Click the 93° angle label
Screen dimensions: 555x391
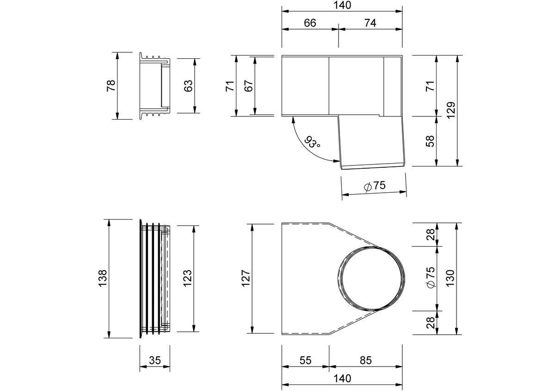pos(312,142)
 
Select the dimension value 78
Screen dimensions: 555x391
pos(111,86)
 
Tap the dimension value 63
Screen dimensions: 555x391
pos(188,86)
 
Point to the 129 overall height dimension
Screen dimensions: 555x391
pos(451,110)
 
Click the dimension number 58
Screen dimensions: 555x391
pos(431,141)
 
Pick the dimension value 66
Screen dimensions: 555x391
pos(310,23)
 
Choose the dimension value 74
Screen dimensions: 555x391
pos(370,23)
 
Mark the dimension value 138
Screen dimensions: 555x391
pos(103,278)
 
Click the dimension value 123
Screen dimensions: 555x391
pos(187,278)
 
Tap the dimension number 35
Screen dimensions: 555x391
pos(155,360)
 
